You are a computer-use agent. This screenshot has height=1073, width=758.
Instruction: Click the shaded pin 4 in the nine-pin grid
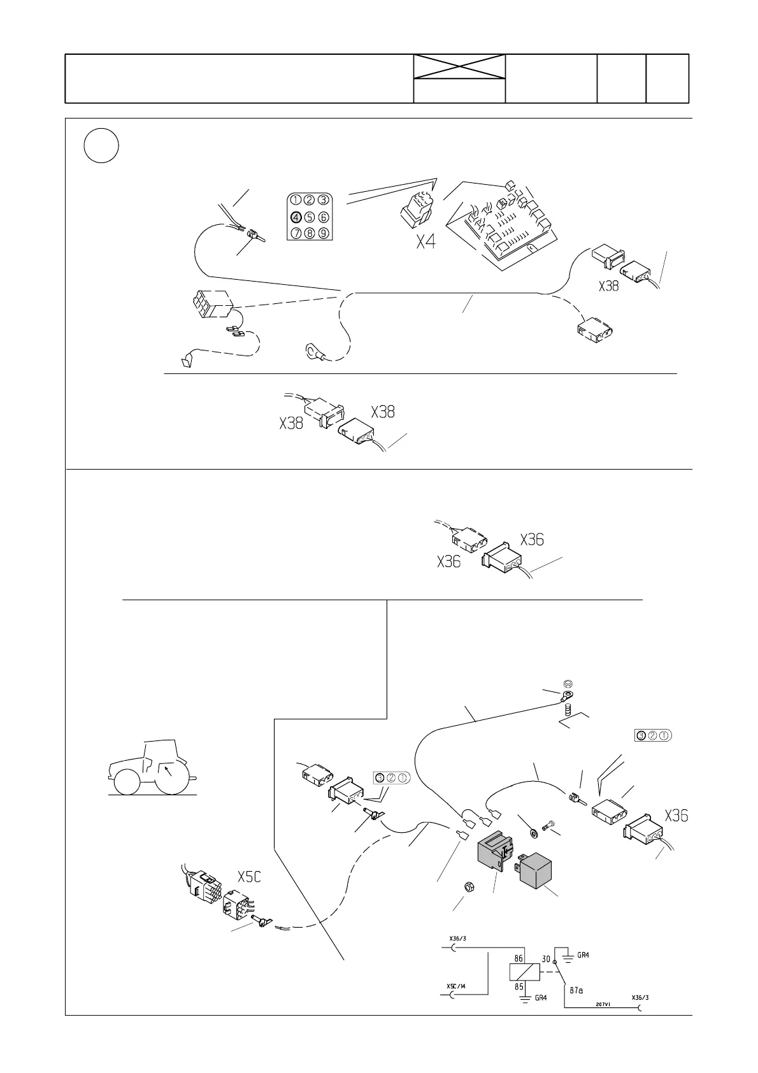296,217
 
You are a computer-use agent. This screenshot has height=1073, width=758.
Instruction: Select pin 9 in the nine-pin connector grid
323,233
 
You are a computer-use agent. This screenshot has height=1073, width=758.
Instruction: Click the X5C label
249,877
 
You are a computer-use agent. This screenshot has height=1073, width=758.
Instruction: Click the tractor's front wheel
125,782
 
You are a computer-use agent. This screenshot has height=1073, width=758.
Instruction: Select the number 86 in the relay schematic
520,958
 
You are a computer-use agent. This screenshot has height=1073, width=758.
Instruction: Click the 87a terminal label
576,991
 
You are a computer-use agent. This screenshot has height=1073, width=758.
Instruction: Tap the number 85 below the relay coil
520,987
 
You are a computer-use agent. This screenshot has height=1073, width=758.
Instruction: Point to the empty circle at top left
101,145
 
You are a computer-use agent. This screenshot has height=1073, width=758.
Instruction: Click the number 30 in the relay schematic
547,958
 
